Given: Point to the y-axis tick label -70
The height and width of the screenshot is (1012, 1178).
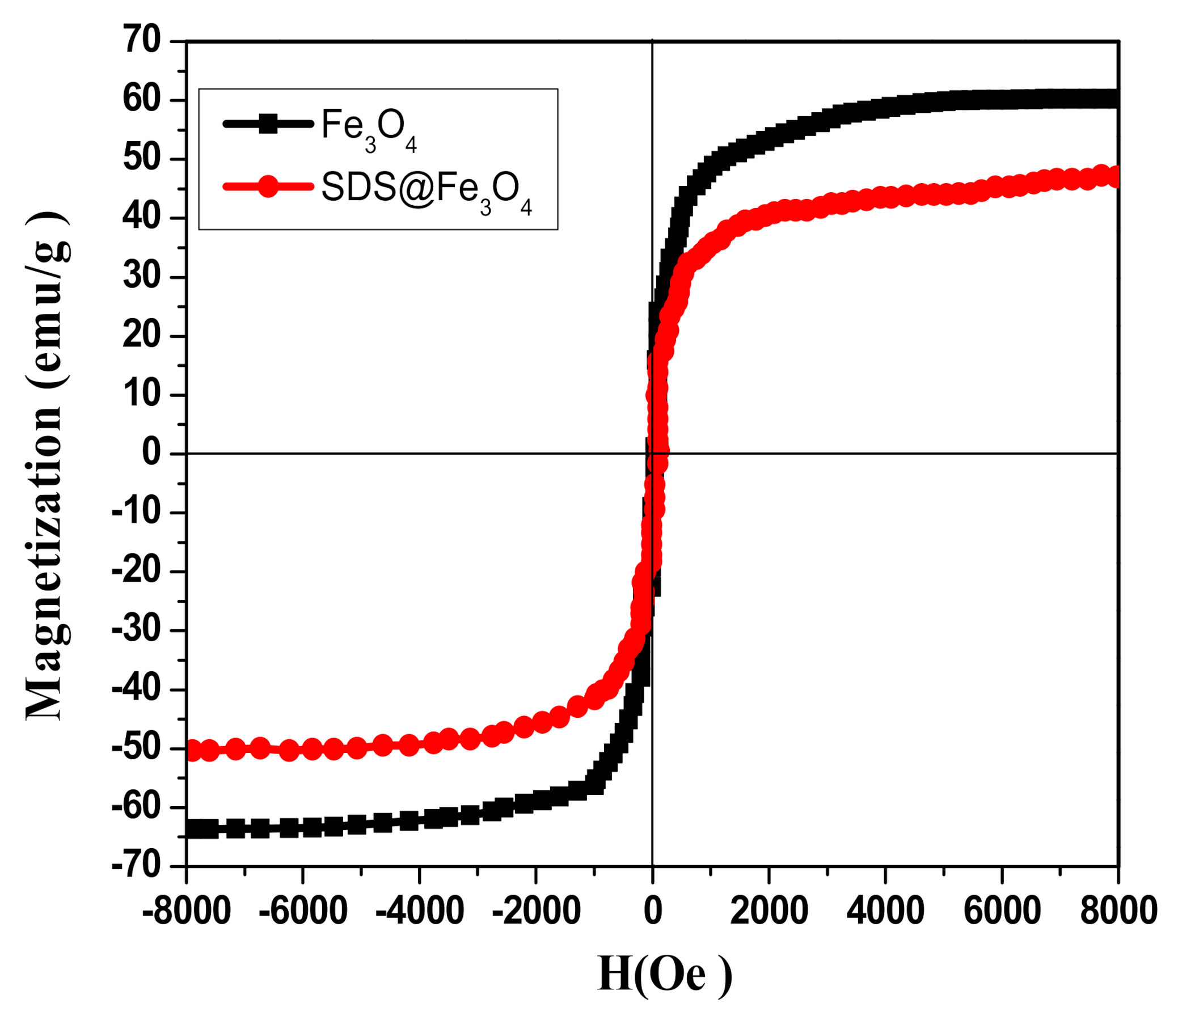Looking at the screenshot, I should pos(137,866).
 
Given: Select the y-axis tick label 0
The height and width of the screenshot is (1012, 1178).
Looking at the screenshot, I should pos(152,453).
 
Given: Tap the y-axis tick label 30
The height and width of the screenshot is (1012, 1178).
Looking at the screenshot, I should pos(142,277).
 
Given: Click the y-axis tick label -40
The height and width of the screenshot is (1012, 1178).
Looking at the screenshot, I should pos(137,689).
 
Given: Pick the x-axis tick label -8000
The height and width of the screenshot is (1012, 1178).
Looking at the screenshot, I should pos(187,911).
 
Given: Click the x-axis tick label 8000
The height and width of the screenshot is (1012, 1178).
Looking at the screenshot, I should pos(1118,911).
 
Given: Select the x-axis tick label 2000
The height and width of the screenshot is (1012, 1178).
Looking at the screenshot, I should pos(769,911).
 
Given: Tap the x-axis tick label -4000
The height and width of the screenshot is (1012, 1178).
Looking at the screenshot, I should pos(420,911).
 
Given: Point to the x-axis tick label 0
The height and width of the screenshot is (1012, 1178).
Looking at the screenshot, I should pos(653,911).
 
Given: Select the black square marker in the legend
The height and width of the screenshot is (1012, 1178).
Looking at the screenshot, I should pos(268,123).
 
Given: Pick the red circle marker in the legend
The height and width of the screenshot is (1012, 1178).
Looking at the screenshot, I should pos(268,186).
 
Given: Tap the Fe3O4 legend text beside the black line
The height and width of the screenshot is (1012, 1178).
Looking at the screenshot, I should pos(369,128).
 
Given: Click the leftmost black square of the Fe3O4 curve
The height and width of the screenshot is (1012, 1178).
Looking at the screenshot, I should pos(193,828).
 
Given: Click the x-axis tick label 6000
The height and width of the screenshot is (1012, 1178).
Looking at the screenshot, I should pos(1002,911).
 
